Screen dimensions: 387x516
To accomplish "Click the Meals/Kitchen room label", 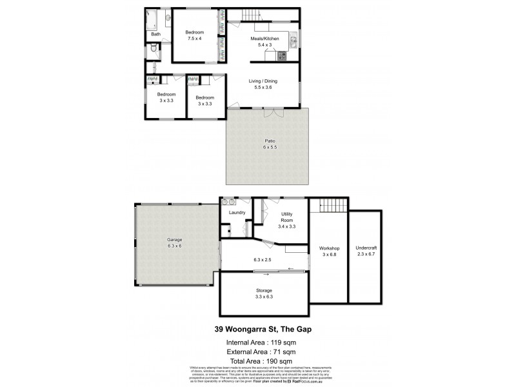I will click(x=264, y=39).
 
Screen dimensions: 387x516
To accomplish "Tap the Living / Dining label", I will click(x=264, y=81).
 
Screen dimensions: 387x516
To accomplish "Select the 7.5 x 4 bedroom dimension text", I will click(x=195, y=39).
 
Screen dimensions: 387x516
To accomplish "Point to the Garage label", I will click(x=175, y=239).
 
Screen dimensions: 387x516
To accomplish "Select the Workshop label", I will click(x=329, y=248).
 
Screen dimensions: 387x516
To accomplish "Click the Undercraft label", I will click(x=365, y=248).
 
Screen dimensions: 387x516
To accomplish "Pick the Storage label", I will click(x=264, y=291).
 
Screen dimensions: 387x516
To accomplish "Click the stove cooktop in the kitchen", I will click(x=282, y=56).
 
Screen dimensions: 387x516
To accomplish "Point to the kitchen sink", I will click(x=292, y=43).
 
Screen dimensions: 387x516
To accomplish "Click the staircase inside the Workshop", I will click(x=333, y=206).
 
